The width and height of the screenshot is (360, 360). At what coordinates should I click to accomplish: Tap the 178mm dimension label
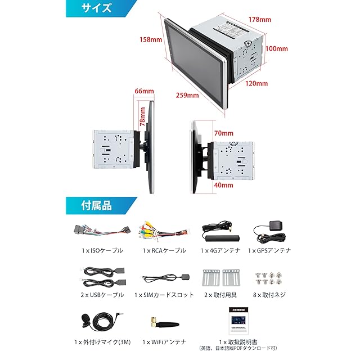click(260, 20)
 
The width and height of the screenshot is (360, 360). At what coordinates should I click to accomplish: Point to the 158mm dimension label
click(151, 40)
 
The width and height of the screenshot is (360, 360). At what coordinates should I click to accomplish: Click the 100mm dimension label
click(277, 49)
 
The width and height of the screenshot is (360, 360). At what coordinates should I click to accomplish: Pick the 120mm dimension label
click(257, 83)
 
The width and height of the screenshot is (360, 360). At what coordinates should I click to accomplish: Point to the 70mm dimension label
click(223, 133)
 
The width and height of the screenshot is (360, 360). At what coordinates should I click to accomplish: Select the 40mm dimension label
click(223, 184)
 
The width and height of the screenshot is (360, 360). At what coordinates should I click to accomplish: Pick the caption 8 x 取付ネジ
click(268, 295)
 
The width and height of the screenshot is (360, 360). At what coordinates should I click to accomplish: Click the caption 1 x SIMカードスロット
click(164, 295)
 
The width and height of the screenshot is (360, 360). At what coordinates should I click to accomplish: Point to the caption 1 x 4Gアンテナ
click(220, 250)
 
